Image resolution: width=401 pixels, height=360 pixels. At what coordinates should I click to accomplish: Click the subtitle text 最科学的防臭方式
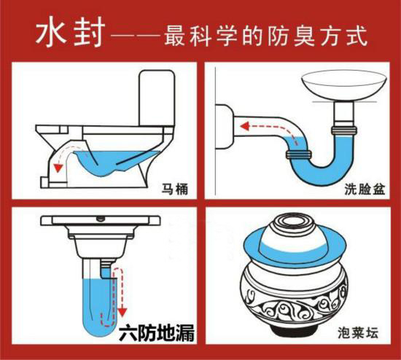tap(259, 33)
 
